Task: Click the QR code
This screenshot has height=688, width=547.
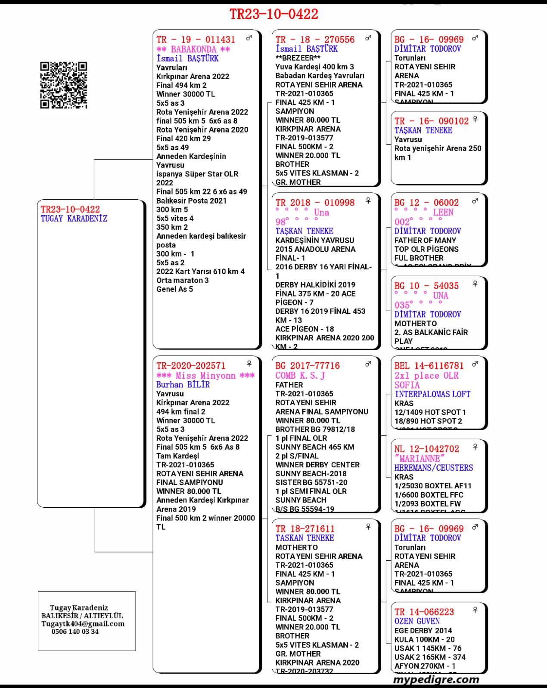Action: [x=64, y=85]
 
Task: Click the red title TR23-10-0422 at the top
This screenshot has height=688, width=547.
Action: [x=273, y=14]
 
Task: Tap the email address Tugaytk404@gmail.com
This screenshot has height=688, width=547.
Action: [x=83, y=624]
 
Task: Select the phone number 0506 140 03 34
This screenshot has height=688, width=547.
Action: [x=75, y=632]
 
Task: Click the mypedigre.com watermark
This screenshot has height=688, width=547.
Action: [x=436, y=679]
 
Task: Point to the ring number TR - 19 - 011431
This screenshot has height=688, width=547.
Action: [x=196, y=40]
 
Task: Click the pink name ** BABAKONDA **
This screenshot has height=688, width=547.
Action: [x=193, y=49]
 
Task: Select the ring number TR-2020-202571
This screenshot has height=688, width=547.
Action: [x=191, y=366]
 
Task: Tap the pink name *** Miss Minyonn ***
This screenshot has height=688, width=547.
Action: [x=205, y=375]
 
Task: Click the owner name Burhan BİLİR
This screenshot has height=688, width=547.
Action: [x=183, y=385]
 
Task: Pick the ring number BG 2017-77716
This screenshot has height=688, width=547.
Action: [x=308, y=366]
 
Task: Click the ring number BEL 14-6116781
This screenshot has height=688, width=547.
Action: [x=429, y=366]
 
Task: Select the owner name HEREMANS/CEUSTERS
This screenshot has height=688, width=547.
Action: [x=433, y=468]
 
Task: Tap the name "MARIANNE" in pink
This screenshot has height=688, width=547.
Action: [x=419, y=459]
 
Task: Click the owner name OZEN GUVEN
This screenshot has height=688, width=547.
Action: [x=417, y=621]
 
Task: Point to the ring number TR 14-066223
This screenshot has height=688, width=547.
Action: [x=424, y=612]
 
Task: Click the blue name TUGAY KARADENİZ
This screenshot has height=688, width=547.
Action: [x=74, y=219]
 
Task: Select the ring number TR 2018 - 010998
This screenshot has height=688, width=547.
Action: [x=315, y=203]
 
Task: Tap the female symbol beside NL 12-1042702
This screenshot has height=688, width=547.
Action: [x=475, y=447]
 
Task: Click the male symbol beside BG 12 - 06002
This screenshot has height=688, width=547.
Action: [x=475, y=201]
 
